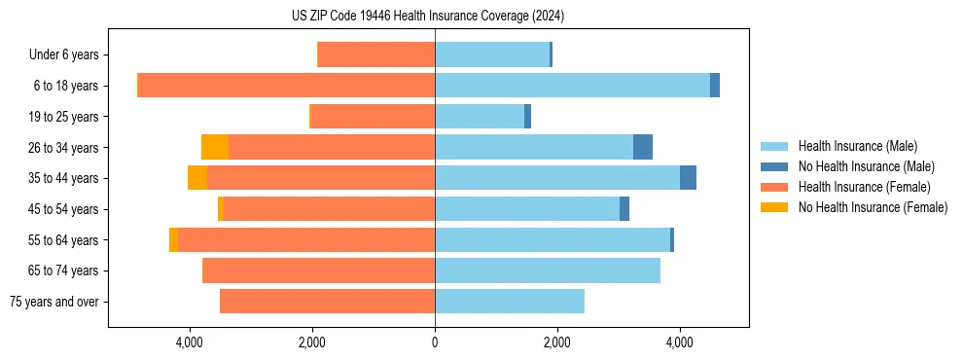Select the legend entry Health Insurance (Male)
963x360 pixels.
tap(857, 146)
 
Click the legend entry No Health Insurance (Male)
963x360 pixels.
tap(866, 166)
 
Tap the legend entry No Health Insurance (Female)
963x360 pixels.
tap(873, 207)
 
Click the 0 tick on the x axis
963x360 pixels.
tap(435, 342)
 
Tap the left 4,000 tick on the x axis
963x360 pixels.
tap(189, 342)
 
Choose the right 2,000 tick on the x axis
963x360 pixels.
tap(557, 342)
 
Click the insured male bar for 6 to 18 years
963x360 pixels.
tap(572, 86)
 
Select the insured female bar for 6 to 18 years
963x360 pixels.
tap(286, 86)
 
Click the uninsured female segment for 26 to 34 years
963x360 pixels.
tap(215, 147)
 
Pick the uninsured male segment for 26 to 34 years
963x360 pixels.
tap(643, 147)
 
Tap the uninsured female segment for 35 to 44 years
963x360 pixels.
tap(197, 178)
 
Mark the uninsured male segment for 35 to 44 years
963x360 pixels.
tap(688, 178)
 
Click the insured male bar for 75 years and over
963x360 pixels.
tap(510, 302)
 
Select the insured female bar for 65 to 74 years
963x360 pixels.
tap(319, 270)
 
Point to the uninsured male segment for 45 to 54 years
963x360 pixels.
tap(624, 209)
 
